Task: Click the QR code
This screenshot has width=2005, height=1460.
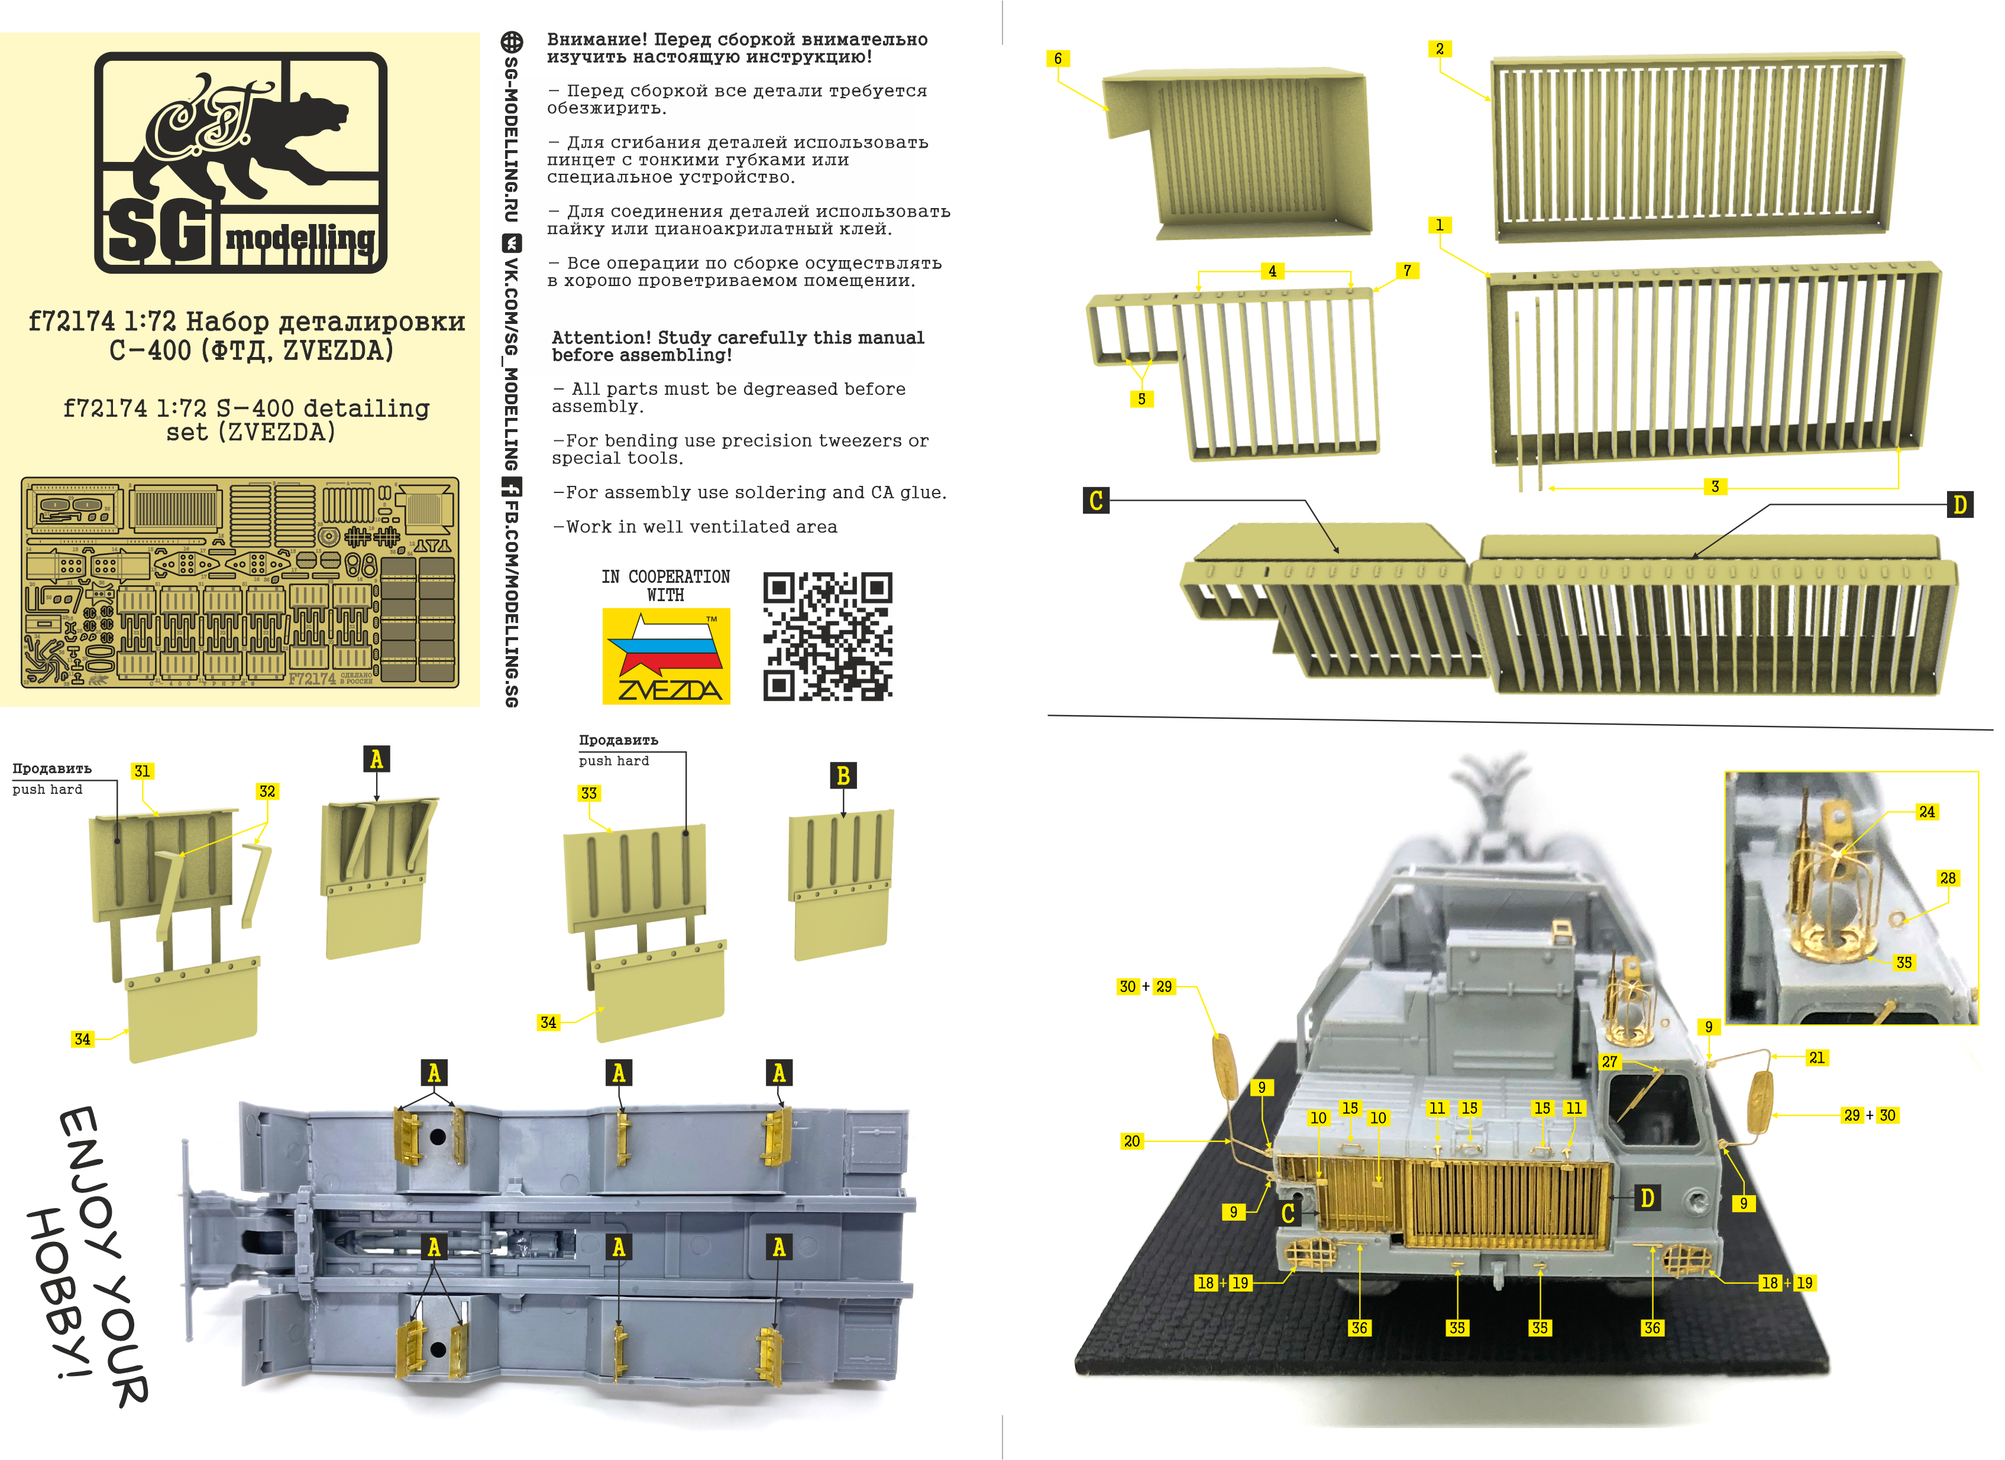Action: (x=827, y=637)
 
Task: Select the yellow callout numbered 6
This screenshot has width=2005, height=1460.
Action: (x=1058, y=59)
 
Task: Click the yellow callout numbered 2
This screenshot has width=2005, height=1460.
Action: (x=1439, y=48)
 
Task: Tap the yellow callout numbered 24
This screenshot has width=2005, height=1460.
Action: (x=1926, y=812)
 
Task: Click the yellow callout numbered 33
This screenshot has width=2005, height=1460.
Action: (x=588, y=793)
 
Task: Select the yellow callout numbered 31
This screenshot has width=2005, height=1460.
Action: (x=141, y=771)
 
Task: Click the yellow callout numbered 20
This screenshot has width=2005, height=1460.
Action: (x=1131, y=1141)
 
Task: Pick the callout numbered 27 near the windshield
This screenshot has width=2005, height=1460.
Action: (x=1609, y=1062)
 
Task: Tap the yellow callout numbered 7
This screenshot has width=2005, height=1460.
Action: (x=1406, y=271)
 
